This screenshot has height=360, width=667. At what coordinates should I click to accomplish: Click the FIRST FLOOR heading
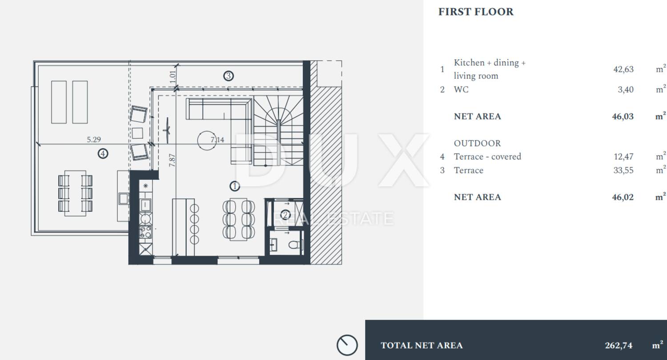click(476, 12)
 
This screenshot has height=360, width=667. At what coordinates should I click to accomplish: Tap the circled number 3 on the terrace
click(229, 76)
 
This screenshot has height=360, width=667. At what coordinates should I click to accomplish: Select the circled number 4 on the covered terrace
click(103, 154)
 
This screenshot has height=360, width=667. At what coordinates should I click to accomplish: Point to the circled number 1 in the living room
click(235, 186)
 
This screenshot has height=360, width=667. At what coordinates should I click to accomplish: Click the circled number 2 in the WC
click(285, 215)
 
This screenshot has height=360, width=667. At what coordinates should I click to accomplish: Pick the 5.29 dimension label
click(94, 139)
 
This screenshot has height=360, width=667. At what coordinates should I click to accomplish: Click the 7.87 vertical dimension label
click(172, 160)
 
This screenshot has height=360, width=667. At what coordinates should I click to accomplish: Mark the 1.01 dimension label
click(173, 77)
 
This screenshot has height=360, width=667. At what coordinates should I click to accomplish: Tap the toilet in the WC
click(295, 245)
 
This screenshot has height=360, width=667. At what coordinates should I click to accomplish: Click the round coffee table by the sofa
click(207, 140)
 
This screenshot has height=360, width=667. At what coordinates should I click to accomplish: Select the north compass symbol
click(347, 345)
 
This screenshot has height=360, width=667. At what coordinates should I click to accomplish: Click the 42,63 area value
click(623, 69)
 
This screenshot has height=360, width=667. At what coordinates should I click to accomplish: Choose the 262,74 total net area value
click(619, 345)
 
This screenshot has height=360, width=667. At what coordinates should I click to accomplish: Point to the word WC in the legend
click(461, 89)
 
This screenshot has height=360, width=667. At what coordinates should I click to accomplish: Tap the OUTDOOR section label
click(477, 143)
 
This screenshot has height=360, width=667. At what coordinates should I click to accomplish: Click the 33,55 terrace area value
click(623, 170)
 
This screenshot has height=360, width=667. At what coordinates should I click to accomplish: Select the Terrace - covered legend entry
click(487, 157)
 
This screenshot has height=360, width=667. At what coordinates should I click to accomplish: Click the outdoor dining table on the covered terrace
click(75, 193)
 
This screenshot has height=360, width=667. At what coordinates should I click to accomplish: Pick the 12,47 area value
click(623, 157)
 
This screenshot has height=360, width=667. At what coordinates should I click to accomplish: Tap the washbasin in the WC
click(274, 245)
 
